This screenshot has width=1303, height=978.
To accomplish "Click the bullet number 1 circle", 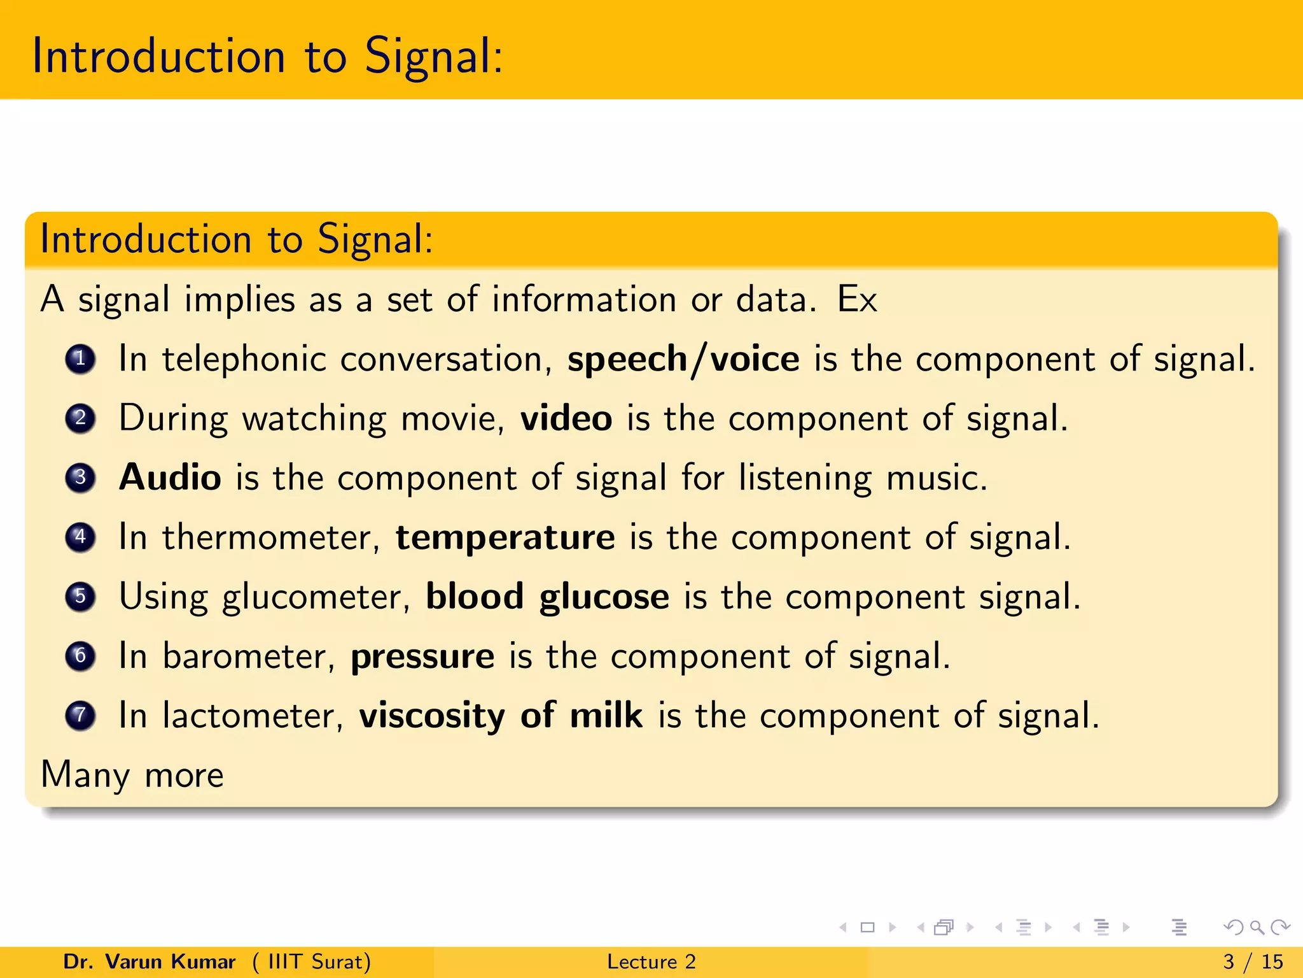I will point(80,360).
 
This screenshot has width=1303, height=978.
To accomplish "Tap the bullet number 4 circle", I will point(80,537).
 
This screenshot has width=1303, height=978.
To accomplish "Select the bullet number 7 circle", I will point(80,716).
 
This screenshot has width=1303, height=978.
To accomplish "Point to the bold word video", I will point(566,418).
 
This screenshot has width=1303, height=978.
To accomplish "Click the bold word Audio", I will point(170,478).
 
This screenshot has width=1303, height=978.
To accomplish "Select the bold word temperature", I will point(505,537).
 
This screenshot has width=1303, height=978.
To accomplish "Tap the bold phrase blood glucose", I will point(547,597).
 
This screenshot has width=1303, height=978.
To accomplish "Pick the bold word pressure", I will point(422,656).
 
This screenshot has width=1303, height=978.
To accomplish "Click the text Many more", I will point(132,776).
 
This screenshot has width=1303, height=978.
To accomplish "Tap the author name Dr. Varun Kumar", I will point(150,961).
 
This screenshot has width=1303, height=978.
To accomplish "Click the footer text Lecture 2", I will point(651,961).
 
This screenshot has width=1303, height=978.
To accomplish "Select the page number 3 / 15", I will point(1253,961).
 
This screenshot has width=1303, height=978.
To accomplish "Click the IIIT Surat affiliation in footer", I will point(312,961).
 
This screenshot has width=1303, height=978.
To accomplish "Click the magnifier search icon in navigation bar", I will point(1257,928).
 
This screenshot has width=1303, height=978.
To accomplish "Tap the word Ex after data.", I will point(856,299).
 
